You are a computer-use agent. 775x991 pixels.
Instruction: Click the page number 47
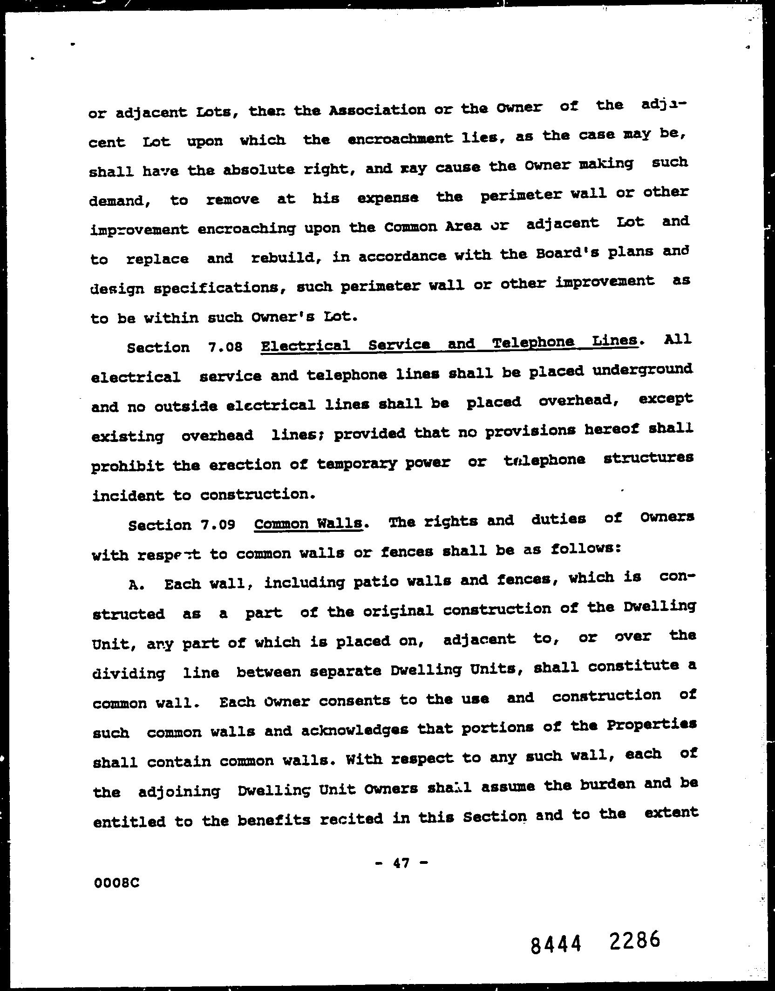(x=401, y=863)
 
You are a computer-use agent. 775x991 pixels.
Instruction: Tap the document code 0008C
(x=116, y=883)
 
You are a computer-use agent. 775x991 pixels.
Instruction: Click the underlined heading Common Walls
(x=308, y=523)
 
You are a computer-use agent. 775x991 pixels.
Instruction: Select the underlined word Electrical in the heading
(x=305, y=346)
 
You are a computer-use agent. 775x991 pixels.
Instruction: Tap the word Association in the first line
(x=377, y=110)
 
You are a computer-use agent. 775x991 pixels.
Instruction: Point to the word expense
(x=388, y=197)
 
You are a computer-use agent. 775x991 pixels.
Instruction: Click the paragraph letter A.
(x=134, y=585)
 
